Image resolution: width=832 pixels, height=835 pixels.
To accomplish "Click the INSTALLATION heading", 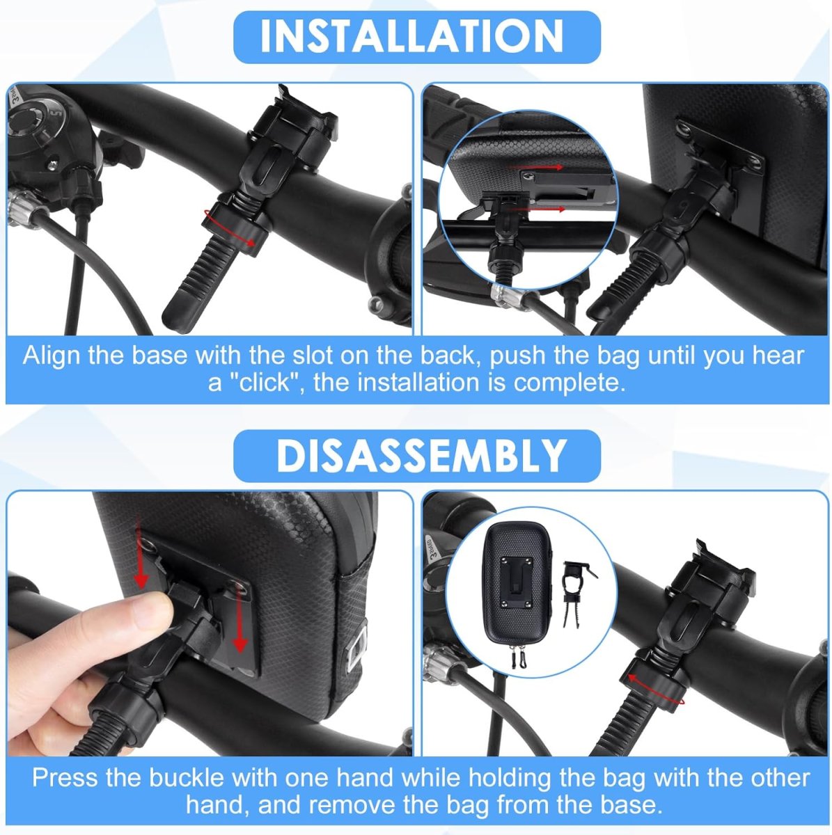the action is (411, 36).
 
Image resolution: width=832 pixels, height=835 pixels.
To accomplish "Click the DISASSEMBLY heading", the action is (421, 455).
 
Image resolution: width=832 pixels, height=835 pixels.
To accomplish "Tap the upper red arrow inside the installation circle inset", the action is (536, 167).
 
